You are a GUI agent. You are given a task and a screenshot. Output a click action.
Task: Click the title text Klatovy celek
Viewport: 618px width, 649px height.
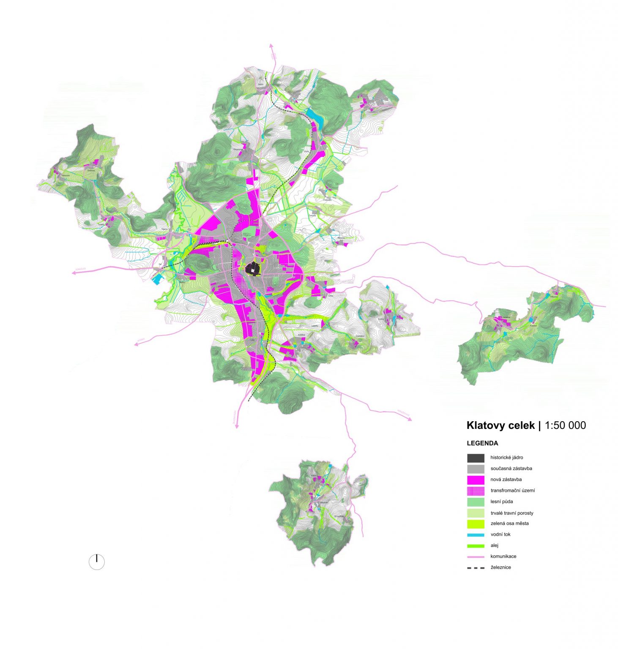pyautogui.click(x=500, y=425)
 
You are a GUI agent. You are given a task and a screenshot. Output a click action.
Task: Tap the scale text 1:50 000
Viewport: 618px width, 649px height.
pyautogui.click(x=565, y=425)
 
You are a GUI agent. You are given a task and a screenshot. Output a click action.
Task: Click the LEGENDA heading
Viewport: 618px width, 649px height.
pyautogui.click(x=482, y=443)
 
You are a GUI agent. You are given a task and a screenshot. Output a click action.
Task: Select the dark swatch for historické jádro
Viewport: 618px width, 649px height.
pyautogui.click(x=476, y=458)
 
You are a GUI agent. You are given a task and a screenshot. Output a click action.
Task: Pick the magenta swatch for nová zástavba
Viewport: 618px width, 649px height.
pyautogui.click(x=476, y=480)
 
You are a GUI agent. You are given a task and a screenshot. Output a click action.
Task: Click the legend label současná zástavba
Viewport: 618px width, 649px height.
pyautogui.click(x=511, y=469)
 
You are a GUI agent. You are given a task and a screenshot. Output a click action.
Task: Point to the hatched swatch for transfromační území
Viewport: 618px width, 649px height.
pyautogui.click(x=476, y=491)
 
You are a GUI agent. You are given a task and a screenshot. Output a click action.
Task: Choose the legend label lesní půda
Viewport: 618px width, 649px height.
pyautogui.click(x=502, y=502)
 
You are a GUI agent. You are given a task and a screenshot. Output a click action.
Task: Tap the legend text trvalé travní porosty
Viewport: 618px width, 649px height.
pyautogui.click(x=511, y=513)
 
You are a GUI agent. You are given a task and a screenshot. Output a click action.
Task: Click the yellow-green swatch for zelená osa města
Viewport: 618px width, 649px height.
pyautogui.click(x=476, y=524)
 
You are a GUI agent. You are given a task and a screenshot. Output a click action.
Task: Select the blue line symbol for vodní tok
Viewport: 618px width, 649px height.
pyautogui.click(x=476, y=535)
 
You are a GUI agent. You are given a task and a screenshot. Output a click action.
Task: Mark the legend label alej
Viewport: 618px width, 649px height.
pyautogui.click(x=494, y=545)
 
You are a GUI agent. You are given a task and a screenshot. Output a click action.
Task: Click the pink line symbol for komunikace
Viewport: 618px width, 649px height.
pyautogui.click(x=476, y=557)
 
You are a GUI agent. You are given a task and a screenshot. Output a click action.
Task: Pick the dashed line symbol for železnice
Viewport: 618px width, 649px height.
pyautogui.click(x=476, y=568)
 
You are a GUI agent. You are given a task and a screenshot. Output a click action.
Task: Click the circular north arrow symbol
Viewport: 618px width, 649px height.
pyautogui.click(x=97, y=562)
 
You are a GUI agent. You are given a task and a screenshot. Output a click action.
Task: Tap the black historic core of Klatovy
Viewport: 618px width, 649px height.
pyautogui.click(x=252, y=268)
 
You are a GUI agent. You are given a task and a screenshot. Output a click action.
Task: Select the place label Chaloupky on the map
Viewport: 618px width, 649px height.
pyautogui.click(x=327, y=199)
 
